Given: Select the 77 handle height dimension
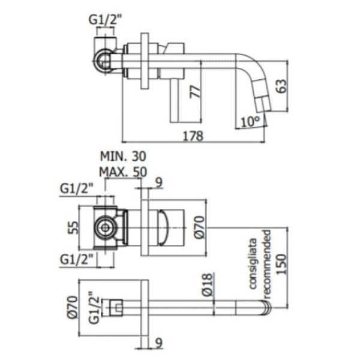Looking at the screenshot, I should coord(194,91).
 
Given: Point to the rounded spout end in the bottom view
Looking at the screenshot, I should coord(265,309).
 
